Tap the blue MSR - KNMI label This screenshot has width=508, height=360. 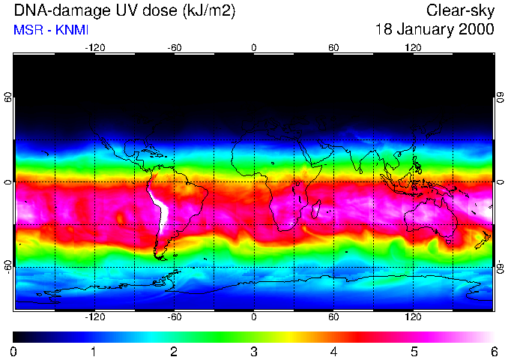46,30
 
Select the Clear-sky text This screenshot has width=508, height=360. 460,11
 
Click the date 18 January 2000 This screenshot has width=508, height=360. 434,30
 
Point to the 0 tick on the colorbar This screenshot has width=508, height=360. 14,351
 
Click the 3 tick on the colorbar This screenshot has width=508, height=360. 254,351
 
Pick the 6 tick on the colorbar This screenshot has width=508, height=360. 493,351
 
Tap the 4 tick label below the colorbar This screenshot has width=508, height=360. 333,351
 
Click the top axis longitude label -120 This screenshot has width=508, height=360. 94,48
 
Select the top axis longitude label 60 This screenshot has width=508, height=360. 333,48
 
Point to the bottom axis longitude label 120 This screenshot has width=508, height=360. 413,316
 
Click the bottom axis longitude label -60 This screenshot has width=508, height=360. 175,316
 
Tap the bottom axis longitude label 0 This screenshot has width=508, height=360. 254,316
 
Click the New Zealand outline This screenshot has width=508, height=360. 483,240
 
